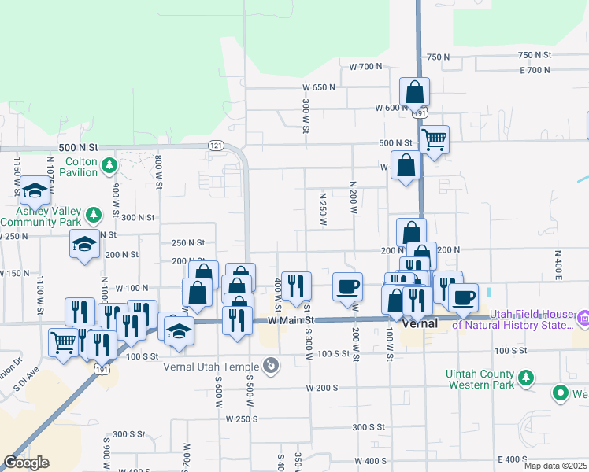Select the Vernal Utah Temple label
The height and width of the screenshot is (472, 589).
click(210, 367)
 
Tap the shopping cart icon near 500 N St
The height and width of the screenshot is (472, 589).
click(434, 140)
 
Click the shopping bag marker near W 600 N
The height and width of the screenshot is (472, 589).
click(414, 93)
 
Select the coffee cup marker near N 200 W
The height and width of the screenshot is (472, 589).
click(347, 286)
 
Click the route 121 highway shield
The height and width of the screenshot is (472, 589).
click(217, 146)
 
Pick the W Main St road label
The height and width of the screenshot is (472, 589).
click(291, 321)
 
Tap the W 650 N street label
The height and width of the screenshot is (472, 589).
click(319, 87)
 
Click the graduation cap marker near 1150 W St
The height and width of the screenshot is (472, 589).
click(35, 190)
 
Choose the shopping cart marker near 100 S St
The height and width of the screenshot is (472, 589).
click(63, 341)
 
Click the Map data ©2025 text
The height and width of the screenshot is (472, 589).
click(556, 466)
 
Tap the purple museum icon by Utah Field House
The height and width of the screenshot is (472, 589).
click(583, 319)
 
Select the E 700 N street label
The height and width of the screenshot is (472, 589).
click(535, 70)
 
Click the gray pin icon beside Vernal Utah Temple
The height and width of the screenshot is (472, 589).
click(270, 366)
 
